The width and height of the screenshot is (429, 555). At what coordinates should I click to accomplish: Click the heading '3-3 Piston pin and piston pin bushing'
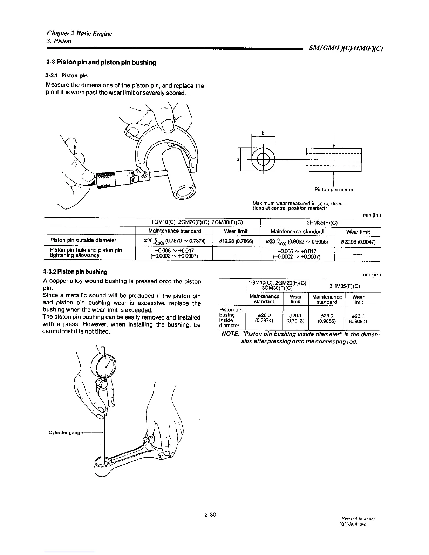point(101,63)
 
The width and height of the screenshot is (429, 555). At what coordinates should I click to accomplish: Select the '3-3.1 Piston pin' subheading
point(66,76)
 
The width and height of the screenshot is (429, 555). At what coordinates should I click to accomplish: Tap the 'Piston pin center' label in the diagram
point(333,190)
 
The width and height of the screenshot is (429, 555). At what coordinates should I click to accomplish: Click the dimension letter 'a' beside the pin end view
point(238,159)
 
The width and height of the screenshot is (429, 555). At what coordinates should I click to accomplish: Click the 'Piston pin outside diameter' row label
point(83,240)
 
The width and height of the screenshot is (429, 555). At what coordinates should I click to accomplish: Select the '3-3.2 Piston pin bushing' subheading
point(75,272)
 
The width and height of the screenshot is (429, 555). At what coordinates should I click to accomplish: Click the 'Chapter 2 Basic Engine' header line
point(80,34)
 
